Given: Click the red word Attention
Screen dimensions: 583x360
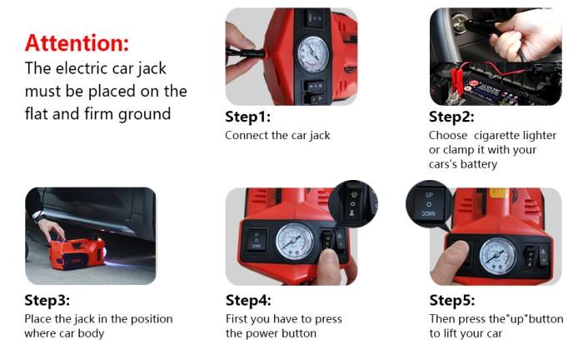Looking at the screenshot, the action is [77, 43].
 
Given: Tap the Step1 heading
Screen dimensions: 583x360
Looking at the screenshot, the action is [248, 117].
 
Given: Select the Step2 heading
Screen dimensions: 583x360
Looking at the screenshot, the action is [451, 117].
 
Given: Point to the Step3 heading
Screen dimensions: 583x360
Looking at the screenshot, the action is [47, 300].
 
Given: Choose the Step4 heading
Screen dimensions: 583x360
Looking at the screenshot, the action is [248, 300].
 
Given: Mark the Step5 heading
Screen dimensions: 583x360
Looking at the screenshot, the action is [452, 300].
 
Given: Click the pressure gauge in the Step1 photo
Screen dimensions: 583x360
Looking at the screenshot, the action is [313, 54].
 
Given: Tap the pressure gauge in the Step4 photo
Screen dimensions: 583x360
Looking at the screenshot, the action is [295, 242].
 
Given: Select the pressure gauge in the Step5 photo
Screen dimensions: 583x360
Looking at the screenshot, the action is [498, 256].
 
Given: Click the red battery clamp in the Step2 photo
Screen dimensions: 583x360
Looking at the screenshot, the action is [457, 79].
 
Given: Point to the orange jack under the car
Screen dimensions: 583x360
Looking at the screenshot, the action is [77, 253].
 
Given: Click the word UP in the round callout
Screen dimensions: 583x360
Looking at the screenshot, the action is [430, 195].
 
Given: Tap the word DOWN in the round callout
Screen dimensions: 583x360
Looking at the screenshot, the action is [428, 214].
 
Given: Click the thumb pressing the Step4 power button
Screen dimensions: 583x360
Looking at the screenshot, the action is [330, 266].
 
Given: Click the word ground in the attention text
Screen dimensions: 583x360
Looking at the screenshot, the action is [144, 114].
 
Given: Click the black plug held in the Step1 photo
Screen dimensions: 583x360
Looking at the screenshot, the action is [246, 52].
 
